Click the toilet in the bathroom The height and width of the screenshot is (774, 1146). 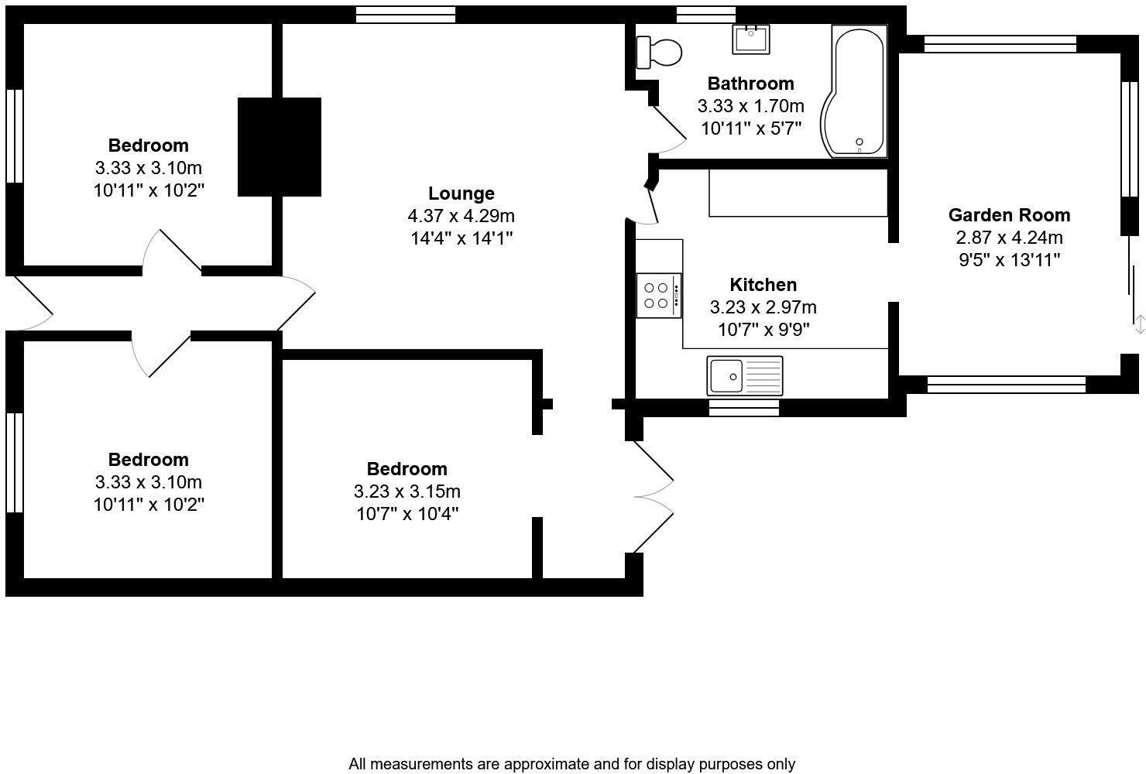point(658,53)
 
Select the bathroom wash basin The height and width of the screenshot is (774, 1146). point(750,39)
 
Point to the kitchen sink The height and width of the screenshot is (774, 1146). point(744,376)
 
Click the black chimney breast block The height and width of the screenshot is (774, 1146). point(279,147)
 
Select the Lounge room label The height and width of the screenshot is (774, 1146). point(461,193)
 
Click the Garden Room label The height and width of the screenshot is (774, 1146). point(1009,215)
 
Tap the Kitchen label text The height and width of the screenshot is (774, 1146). point(763,285)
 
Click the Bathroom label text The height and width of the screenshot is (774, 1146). point(750,84)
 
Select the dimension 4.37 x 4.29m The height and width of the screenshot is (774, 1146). point(461,216)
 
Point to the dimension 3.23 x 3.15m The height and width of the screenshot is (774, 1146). point(407,491)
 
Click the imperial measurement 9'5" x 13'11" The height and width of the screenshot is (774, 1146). point(1009,260)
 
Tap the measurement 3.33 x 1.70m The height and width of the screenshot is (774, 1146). point(750,106)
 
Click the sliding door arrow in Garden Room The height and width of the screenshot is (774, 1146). point(1139,324)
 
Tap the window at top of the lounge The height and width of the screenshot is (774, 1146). point(406,14)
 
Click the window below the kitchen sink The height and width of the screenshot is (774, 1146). point(743,408)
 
